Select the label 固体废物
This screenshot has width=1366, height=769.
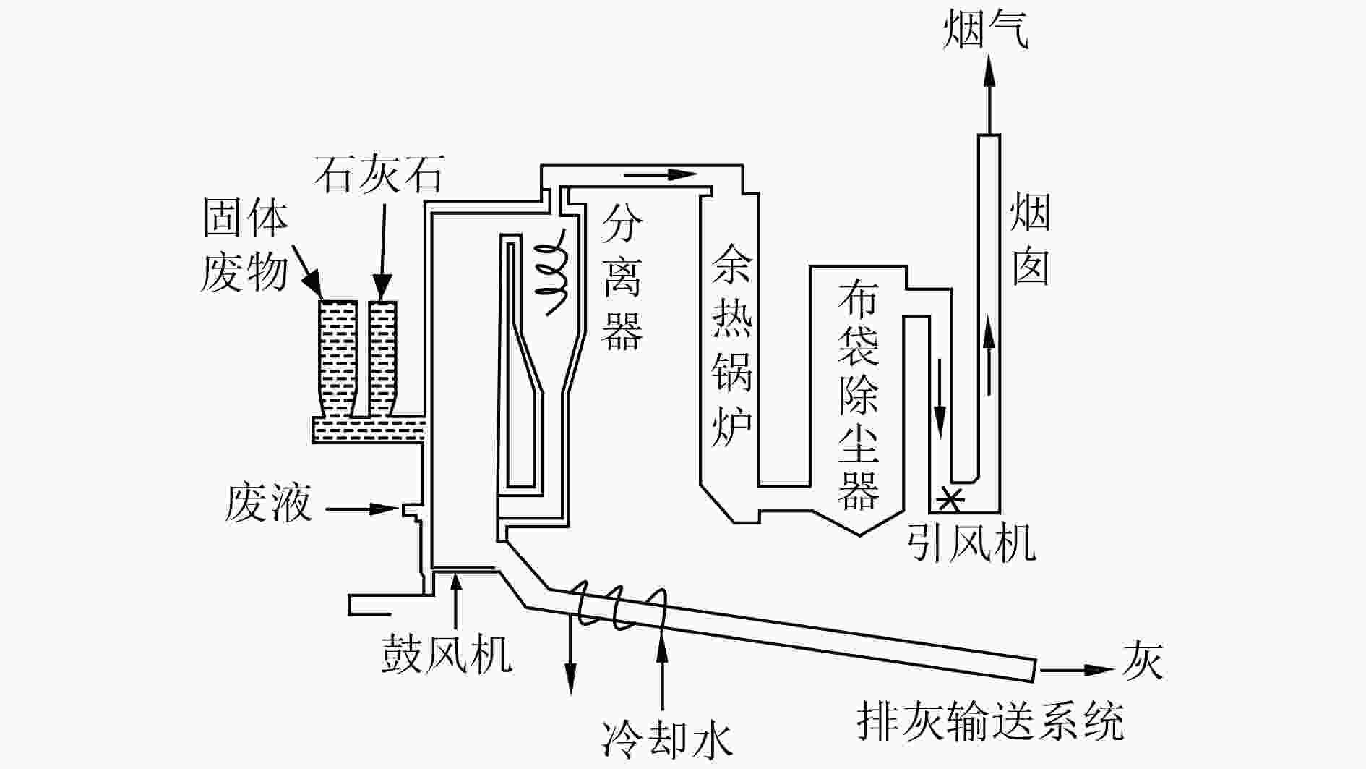tap(245, 246)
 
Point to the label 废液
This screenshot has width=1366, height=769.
tap(268, 504)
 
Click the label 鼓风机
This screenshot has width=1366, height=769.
tap(447, 655)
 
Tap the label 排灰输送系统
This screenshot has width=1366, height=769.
tap(990, 721)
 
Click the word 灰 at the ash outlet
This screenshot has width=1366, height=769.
tap(1143, 661)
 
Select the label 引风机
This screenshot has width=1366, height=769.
tap(971, 542)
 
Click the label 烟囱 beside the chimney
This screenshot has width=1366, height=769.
tap(1030, 239)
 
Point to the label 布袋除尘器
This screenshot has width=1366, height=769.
tap(859, 395)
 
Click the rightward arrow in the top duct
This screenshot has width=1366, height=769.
tap(661, 174)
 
